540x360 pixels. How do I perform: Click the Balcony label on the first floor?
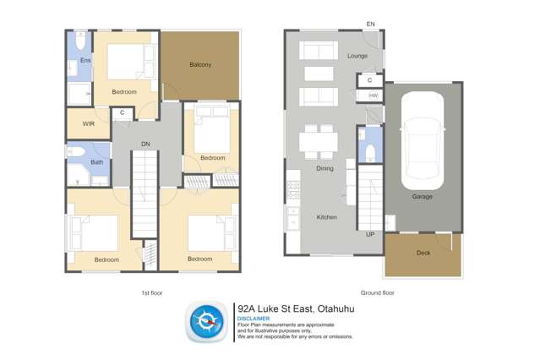(x=200, y=65)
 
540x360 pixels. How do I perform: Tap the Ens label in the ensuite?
(x=85, y=61)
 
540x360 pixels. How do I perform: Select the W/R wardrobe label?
(x=89, y=124)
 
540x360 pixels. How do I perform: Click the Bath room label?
(x=97, y=162)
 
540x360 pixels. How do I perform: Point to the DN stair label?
(x=145, y=145)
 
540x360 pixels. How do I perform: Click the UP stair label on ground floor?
(x=370, y=234)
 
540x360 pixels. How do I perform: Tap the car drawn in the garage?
(x=422, y=140)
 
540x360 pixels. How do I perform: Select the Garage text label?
(x=422, y=197)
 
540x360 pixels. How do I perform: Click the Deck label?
(x=423, y=253)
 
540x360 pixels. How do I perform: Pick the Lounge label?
(x=357, y=56)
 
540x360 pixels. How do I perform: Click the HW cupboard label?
(x=372, y=96)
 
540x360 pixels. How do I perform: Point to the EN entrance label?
(x=370, y=25)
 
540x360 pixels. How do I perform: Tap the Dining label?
(x=325, y=168)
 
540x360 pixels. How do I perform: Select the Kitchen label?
(x=326, y=217)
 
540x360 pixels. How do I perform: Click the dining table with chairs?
(x=319, y=141)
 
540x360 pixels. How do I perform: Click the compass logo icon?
(x=206, y=322)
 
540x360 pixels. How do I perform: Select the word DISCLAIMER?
(x=254, y=319)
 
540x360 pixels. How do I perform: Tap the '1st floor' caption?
(x=151, y=292)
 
